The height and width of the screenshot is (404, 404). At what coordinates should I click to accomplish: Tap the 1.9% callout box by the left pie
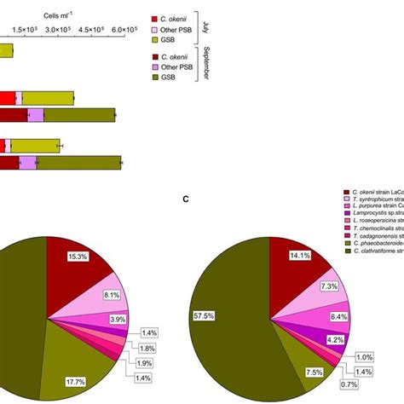point(141,363)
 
